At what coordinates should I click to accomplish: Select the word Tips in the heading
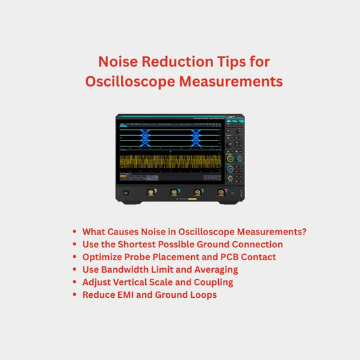pos(222,61)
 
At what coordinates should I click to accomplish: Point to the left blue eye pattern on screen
pos(145,138)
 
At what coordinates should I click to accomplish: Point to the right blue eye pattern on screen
pos(197,138)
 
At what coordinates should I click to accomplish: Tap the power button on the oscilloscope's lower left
pos(126,192)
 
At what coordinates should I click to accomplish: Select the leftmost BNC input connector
pos(151,192)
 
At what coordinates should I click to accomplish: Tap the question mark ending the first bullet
pos(304,231)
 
